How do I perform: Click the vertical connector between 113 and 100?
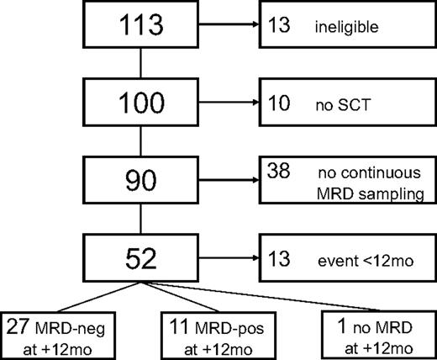click(141, 66)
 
